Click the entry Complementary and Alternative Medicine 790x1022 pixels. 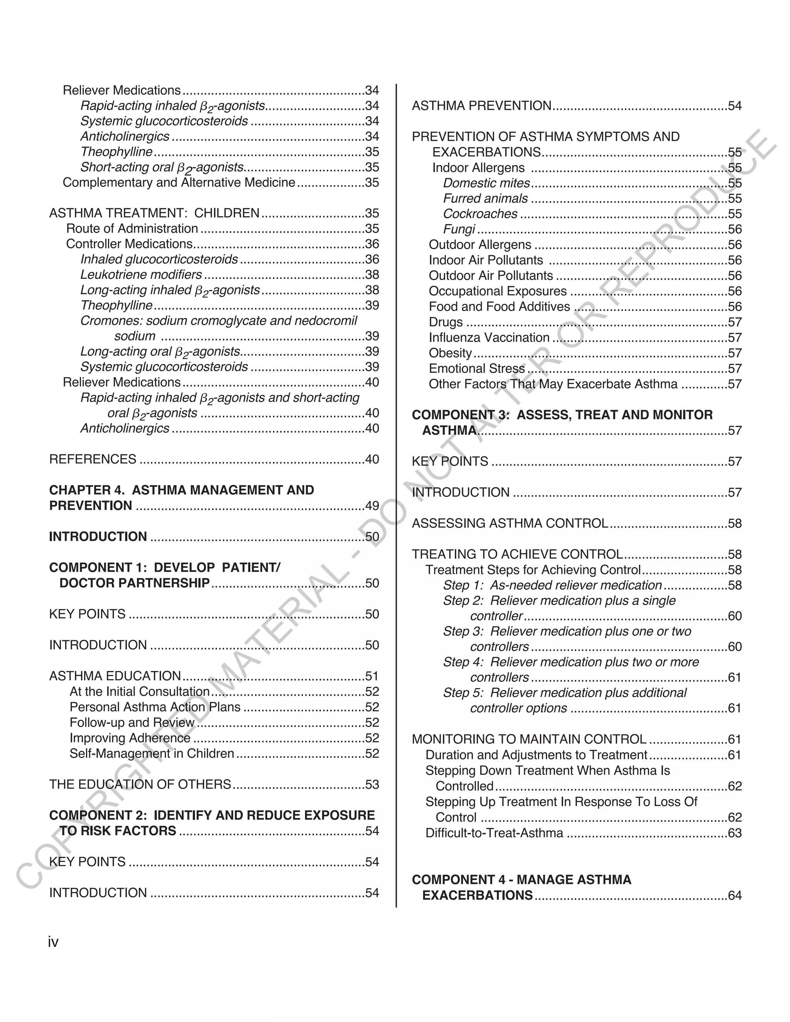tap(179, 182)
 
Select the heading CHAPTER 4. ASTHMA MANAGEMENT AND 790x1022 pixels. tap(182, 490)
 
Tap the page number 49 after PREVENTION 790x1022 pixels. tap(372, 506)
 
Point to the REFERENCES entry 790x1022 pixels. tap(93, 459)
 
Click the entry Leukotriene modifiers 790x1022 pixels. tap(141, 275)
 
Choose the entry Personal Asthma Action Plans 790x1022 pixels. tap(155, 707)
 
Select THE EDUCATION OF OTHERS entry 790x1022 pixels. tap(140, 784)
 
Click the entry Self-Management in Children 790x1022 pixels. tap(152, 754)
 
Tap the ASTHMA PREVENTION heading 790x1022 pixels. tap(481, 106)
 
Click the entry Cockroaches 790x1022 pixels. tap(480, 214)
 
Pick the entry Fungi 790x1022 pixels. tap(459, 229)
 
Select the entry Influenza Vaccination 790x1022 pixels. tap(489, 337)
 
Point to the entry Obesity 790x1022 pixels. tap(450, 353)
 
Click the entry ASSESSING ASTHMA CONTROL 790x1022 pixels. tap(510, 523)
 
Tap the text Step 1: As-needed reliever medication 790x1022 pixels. tap(552, 585)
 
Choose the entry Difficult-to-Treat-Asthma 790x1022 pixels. tap(494, 833)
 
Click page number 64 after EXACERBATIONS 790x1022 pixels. tap(735, 896)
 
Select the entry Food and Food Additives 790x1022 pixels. tap(500, 307)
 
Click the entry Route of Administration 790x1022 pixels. tap(132, 228)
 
